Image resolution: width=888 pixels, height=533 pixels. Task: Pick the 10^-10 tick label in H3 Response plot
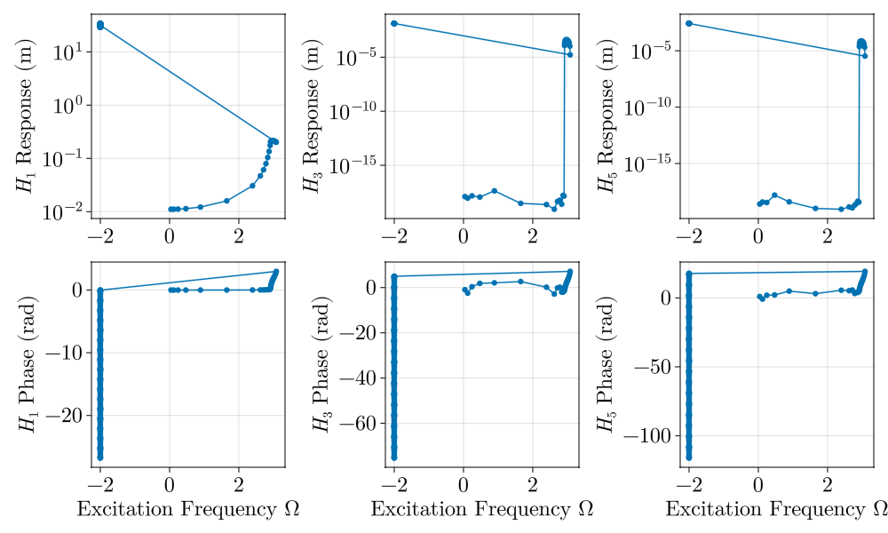353,111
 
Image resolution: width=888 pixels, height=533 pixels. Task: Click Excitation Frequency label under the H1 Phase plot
187,509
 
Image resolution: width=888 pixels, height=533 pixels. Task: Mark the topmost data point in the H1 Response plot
100,24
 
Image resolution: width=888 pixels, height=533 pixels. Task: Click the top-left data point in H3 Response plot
394,23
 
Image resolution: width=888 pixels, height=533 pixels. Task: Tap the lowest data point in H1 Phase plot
100,457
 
